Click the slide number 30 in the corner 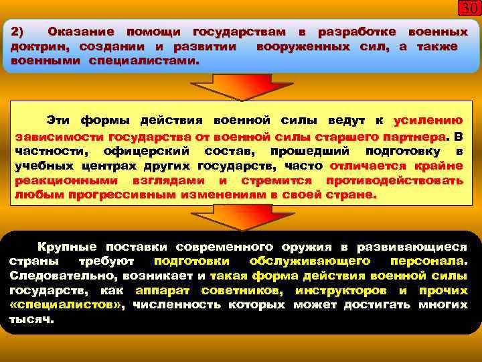(469, 9)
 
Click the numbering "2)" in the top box (18, 32)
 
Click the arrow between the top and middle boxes (240, 86)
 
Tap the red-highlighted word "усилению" (428, 121)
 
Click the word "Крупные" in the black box (67, 247)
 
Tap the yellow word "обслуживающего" (309, 261)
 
